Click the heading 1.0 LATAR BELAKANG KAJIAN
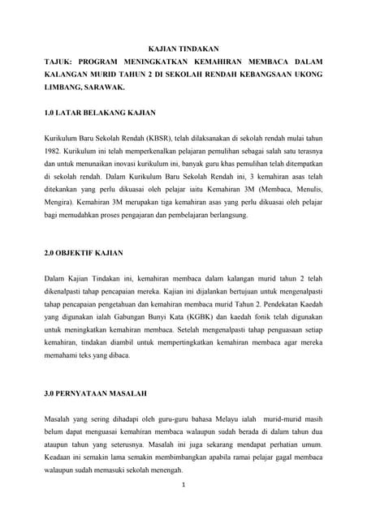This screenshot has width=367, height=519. [99, 110]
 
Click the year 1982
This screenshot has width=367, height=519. [55, 152]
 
